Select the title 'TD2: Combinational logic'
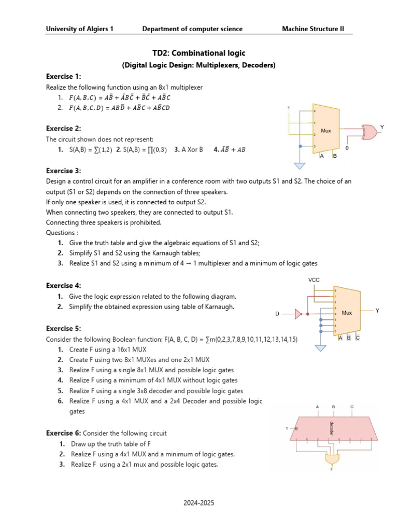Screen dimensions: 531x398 [x=199, y=53]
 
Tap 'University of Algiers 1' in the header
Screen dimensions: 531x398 [x=80, y=29]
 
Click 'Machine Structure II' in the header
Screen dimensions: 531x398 [x=313, y=29]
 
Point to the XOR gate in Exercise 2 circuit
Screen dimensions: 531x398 [x=369, y=133]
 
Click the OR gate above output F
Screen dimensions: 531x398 [x=332, y=458]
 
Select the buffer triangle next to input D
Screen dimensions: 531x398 [x=298, y=314]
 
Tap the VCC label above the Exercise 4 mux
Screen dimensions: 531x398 [x=315, y=280]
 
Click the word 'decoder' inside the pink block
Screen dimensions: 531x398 [x=331, y=428]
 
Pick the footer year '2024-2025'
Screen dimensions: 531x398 [x=199, y=503]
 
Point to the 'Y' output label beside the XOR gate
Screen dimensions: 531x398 [x=382, y=127]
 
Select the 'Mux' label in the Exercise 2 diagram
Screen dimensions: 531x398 [x=326, y=131]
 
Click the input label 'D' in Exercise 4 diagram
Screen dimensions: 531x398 [x=277, y=314]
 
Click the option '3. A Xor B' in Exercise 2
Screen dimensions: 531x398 [x=189, y=149]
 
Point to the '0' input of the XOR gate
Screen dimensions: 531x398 [x=347, y=148]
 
